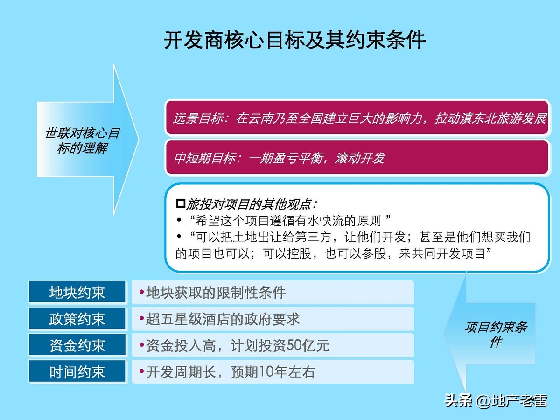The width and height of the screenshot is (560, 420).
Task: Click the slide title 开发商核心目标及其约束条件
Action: [294, 40]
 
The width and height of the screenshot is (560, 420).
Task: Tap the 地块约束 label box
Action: [77, 293]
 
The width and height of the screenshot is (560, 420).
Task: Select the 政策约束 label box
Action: [77, 319]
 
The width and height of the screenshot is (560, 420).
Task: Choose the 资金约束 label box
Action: [77, 346]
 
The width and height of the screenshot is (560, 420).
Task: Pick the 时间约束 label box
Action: [77, 372]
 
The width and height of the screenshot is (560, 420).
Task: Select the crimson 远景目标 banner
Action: [357, 118]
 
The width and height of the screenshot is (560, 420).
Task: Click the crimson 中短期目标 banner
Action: [357, 158]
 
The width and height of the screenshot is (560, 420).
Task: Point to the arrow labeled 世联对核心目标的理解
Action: [84, 140]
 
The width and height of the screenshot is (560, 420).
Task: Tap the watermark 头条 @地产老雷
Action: [496, 400]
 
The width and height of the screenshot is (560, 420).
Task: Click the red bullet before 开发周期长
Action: [141, 372]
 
